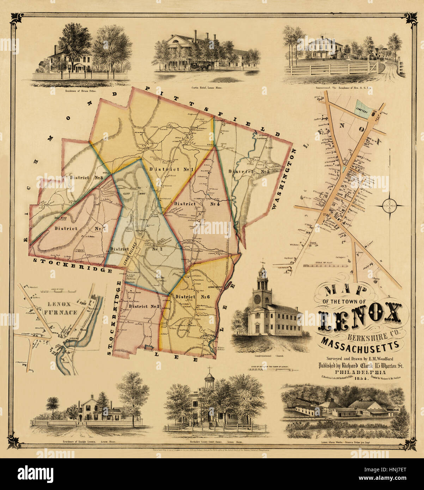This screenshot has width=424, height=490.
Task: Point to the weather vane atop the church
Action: [262, 263]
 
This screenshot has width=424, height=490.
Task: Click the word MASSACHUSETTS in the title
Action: [361, 343]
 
